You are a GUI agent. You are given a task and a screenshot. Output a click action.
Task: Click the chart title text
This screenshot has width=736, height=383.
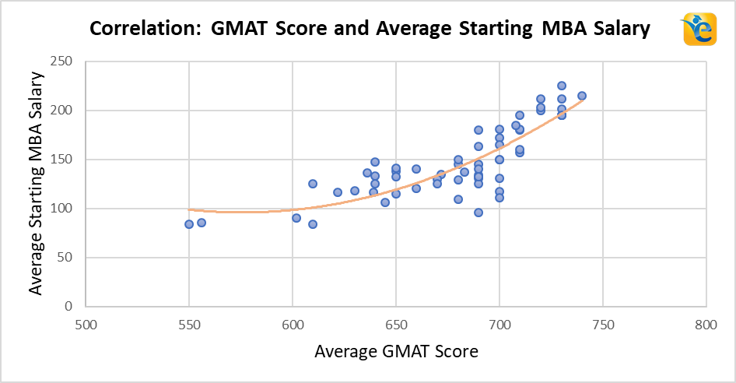pos(370,30)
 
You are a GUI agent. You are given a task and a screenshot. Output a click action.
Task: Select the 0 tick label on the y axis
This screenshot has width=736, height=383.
pos(68,307)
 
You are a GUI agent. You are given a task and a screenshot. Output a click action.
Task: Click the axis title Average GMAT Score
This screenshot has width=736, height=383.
pos(396,352)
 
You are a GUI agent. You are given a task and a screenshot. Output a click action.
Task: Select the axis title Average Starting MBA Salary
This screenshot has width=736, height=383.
pos(35,183)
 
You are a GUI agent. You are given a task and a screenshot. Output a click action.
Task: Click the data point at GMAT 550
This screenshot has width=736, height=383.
pos(189,224)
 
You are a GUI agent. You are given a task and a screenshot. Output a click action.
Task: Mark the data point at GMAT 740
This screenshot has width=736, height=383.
pos(582,96)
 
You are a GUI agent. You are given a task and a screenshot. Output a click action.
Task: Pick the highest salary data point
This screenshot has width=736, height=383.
pos(562,86)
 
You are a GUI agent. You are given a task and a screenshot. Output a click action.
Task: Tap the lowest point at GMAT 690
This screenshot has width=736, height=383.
pos(478,213)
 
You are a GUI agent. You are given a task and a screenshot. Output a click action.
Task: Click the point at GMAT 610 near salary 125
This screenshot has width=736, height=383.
pos(313,184)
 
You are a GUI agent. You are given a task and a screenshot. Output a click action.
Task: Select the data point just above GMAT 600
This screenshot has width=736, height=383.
pos(296,218)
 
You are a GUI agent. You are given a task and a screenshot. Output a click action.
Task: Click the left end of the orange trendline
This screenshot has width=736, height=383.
pos(190,209)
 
